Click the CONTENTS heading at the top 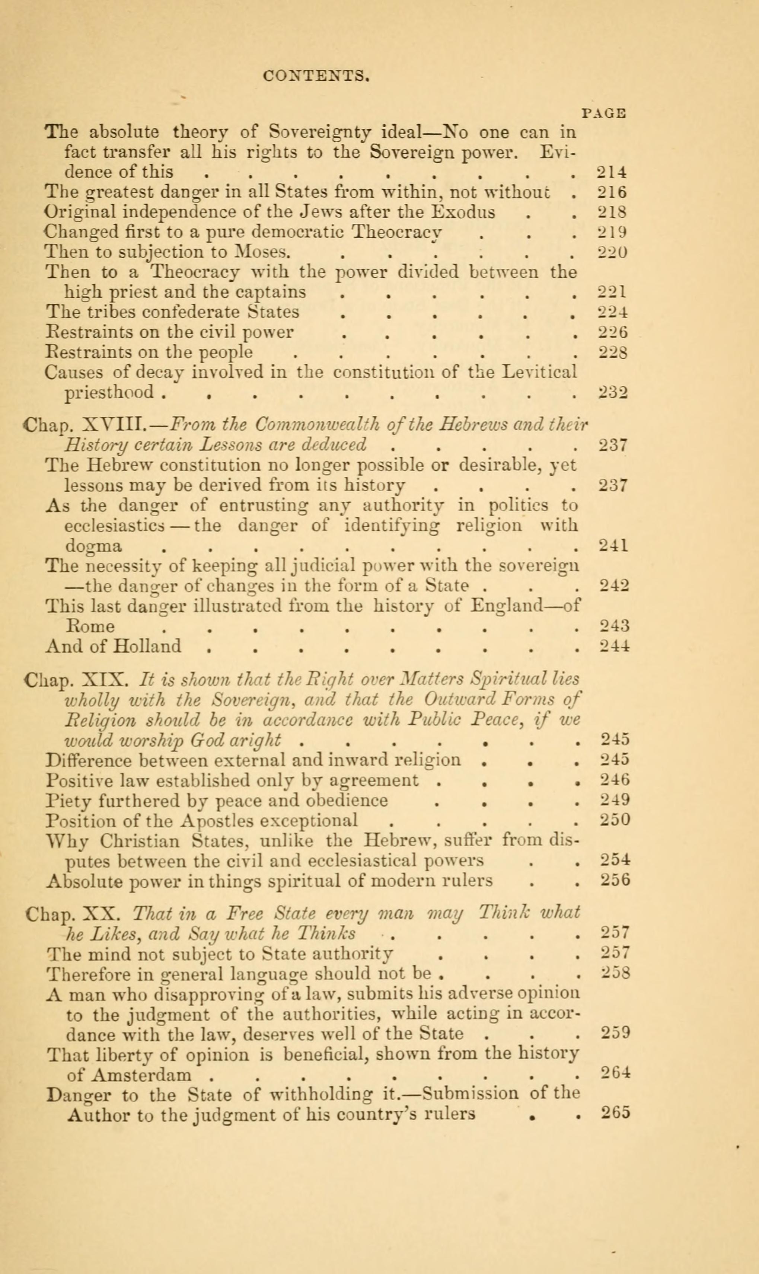(x=316, y=76)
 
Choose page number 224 (x=613, y=312)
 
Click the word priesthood (x=109, y=392)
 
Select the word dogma (x=93, y=546)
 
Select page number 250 (x=615, y=820)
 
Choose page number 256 (x=615, y=880)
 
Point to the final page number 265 (x=615, y=1114)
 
